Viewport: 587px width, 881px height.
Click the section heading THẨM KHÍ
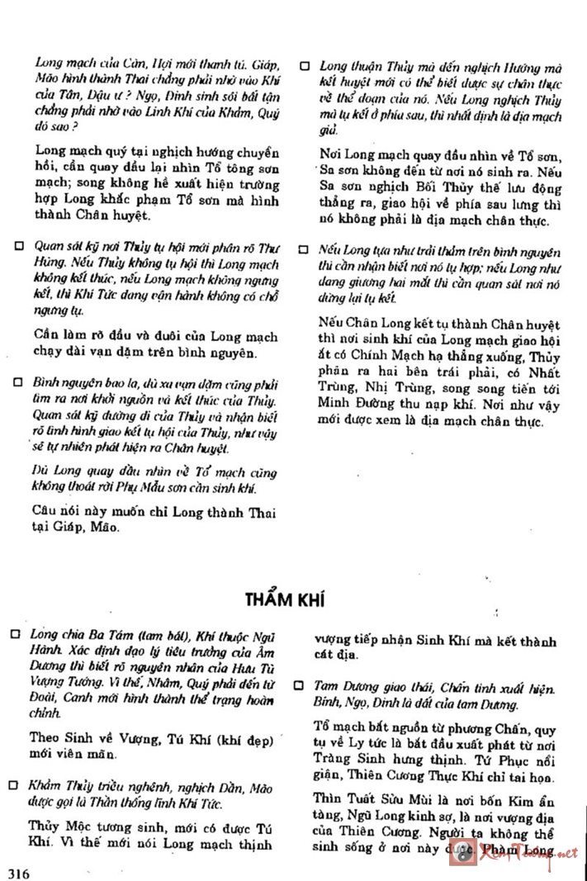point(293,600)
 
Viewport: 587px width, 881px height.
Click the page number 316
point(19,871)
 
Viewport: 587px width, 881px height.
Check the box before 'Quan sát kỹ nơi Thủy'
point(18,246)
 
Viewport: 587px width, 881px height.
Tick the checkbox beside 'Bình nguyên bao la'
point(18,384)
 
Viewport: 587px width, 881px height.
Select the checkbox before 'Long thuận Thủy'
point(304,64)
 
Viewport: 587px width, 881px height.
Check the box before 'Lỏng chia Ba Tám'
point(18,634)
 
